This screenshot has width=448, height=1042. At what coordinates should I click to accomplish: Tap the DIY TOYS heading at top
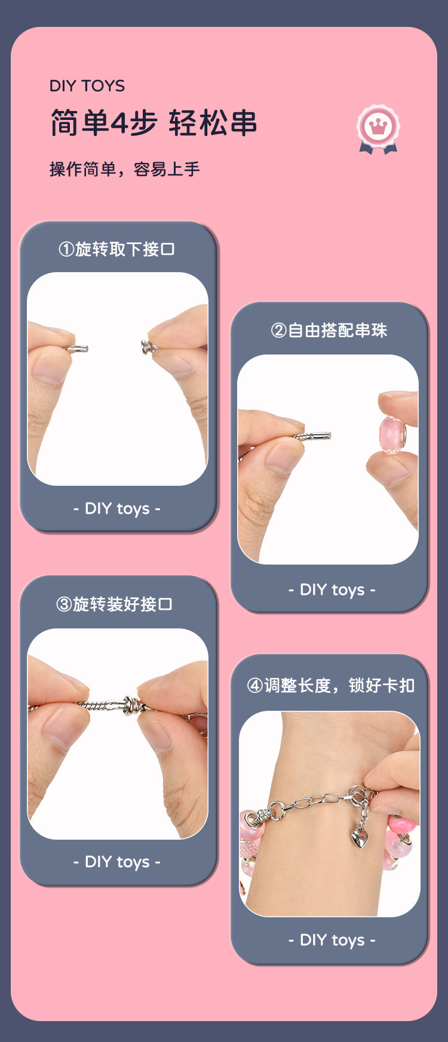click(87, 86)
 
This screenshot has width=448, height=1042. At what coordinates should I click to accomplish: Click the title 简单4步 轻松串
click(154, 124)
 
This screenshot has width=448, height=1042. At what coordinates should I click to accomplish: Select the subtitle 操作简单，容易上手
click(124, 169)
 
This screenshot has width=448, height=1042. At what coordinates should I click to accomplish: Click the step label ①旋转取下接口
click(116, 249)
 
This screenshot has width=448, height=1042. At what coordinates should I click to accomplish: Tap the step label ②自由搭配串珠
click(329, 330)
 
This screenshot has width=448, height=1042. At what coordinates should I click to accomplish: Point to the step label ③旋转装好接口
click(114, 604)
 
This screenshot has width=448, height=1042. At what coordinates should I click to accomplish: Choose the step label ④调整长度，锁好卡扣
click(331, 685)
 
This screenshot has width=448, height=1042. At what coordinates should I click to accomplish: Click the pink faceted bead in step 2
click(392, 434)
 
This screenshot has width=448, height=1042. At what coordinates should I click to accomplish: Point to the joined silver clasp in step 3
click(130, 705)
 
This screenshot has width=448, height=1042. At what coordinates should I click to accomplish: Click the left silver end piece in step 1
click(78, 349)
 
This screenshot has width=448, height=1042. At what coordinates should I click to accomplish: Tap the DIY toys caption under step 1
click(117, 508)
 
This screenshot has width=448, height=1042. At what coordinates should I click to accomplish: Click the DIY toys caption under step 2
click(332, 590)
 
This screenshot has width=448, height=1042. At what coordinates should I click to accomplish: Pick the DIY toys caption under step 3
click(117, 862)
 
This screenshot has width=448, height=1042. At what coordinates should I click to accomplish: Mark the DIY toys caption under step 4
click(332, 940)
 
